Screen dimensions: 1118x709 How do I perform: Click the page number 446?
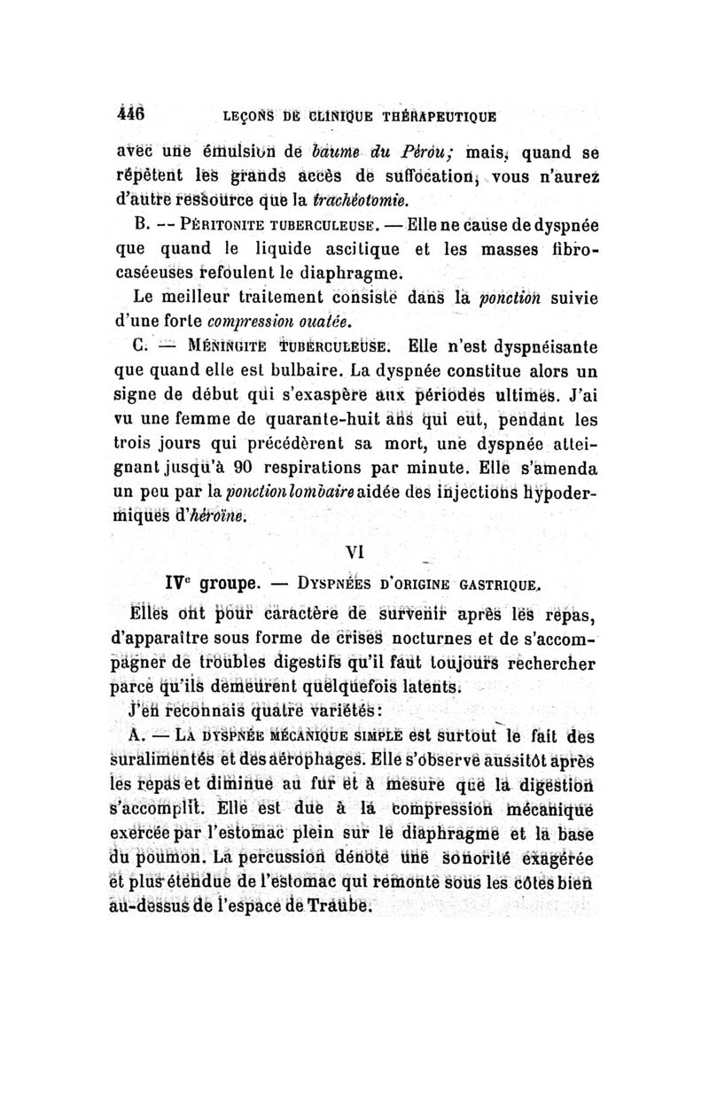pos(132,113)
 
